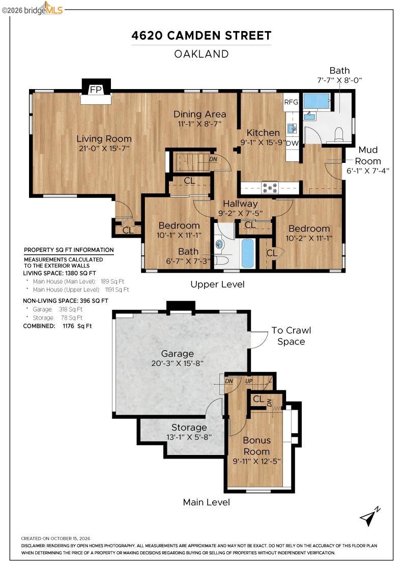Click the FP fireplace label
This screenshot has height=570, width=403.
click(96, 90)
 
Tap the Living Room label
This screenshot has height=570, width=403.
click(104, 138)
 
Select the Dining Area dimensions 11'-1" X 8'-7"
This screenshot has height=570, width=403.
click(199, 124)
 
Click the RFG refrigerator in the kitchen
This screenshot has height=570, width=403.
click(291, 102)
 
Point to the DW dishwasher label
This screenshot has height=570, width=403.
click(292, 143)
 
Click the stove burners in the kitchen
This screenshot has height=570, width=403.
click(270, 188)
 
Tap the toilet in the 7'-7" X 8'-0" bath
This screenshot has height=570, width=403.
click(339, 134)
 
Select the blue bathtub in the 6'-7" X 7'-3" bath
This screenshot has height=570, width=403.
click(247, 252)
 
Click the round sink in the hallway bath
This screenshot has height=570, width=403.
click(219, 244)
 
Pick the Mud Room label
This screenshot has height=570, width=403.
click(368, 155)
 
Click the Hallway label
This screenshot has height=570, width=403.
click(240, 204)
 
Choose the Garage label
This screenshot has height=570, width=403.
click(178, 353)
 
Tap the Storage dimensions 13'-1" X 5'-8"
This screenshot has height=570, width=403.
click(189, 437)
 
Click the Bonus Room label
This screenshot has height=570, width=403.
click(256, 446)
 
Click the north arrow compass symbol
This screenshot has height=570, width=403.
click(370, 516)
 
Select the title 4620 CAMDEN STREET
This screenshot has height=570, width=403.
click(201, 36)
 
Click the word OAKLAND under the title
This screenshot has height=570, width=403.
click(201, 54)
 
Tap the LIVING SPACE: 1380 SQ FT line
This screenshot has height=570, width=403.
click(60, 273)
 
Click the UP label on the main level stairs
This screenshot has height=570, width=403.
click(249, 381)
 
